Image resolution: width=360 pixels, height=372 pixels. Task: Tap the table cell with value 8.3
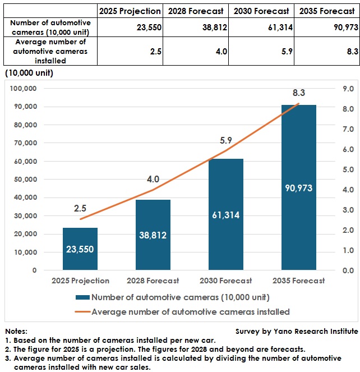pyautogui.click(x=327, y=52)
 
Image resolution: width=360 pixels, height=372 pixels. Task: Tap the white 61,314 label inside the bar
pyautogui.click(x=226, y=215)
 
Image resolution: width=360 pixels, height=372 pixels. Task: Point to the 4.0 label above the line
pyautogui.click(x=153, y=180)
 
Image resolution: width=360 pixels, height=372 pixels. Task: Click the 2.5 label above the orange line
pyautogui.click(x=80, y=208)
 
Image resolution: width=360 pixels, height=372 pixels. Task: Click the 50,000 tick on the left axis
pyautogui.click(x=25, y=180)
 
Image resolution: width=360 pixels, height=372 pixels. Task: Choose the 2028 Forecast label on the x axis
pyautogui.click(x=153, y=281)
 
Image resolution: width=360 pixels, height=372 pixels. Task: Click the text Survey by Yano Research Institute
pyautogui.click(x=296, y=332)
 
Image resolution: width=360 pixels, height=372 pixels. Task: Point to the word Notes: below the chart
pyautogui.click(x=16, y=332)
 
